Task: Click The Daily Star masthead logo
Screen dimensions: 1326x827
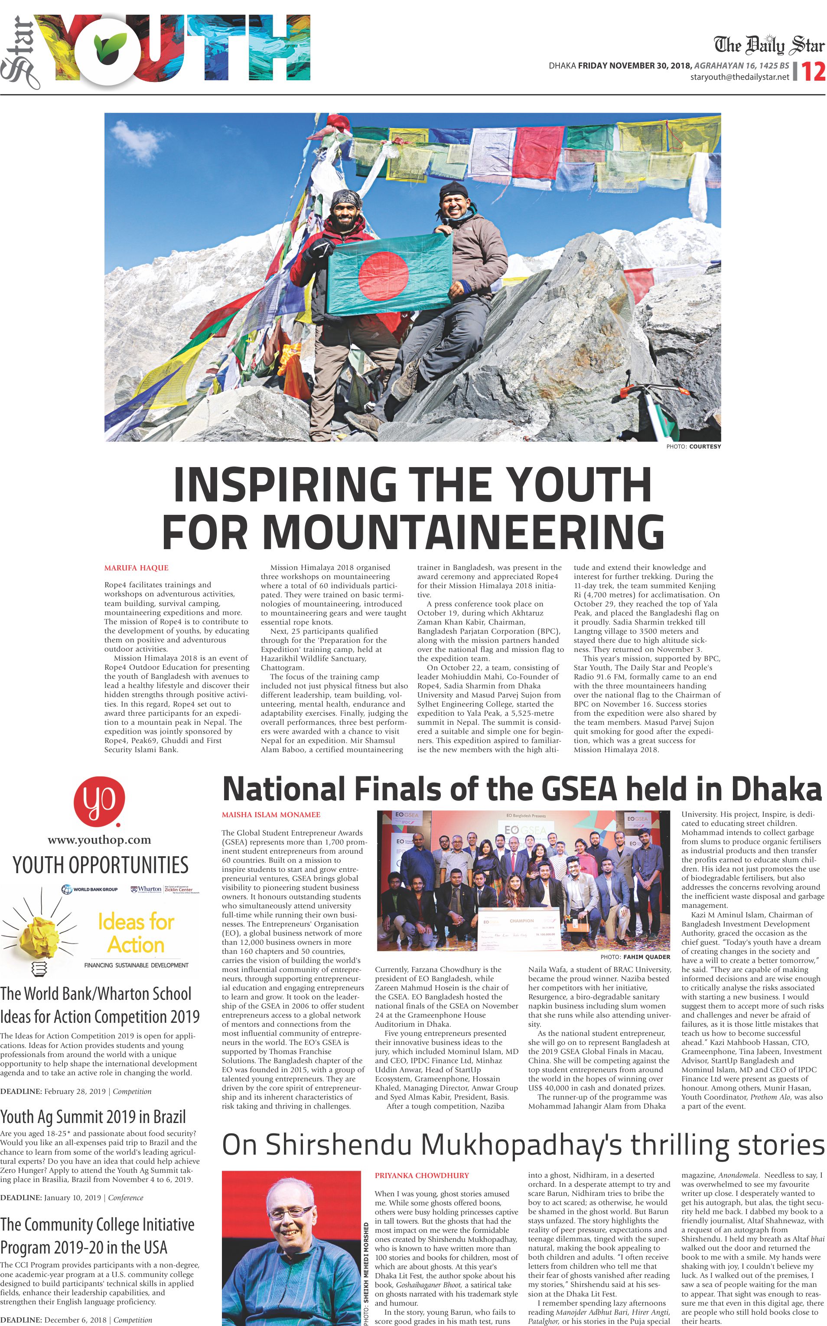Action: pos(768,45)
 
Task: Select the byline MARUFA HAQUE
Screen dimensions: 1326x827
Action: pos(136,568)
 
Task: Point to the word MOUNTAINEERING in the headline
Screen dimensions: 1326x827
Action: pos(413,531)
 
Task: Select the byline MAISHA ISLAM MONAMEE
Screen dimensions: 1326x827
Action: pos(271,815)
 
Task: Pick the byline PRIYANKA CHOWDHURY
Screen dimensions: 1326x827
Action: pos(422,1175)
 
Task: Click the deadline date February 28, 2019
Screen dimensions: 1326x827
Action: pos(75,1091)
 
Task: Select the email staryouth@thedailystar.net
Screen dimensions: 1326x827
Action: pos(739,77)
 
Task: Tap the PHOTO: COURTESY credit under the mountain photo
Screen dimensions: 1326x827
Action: pos(694,447)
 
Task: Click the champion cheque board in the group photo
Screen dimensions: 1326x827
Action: pos(519,929)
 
